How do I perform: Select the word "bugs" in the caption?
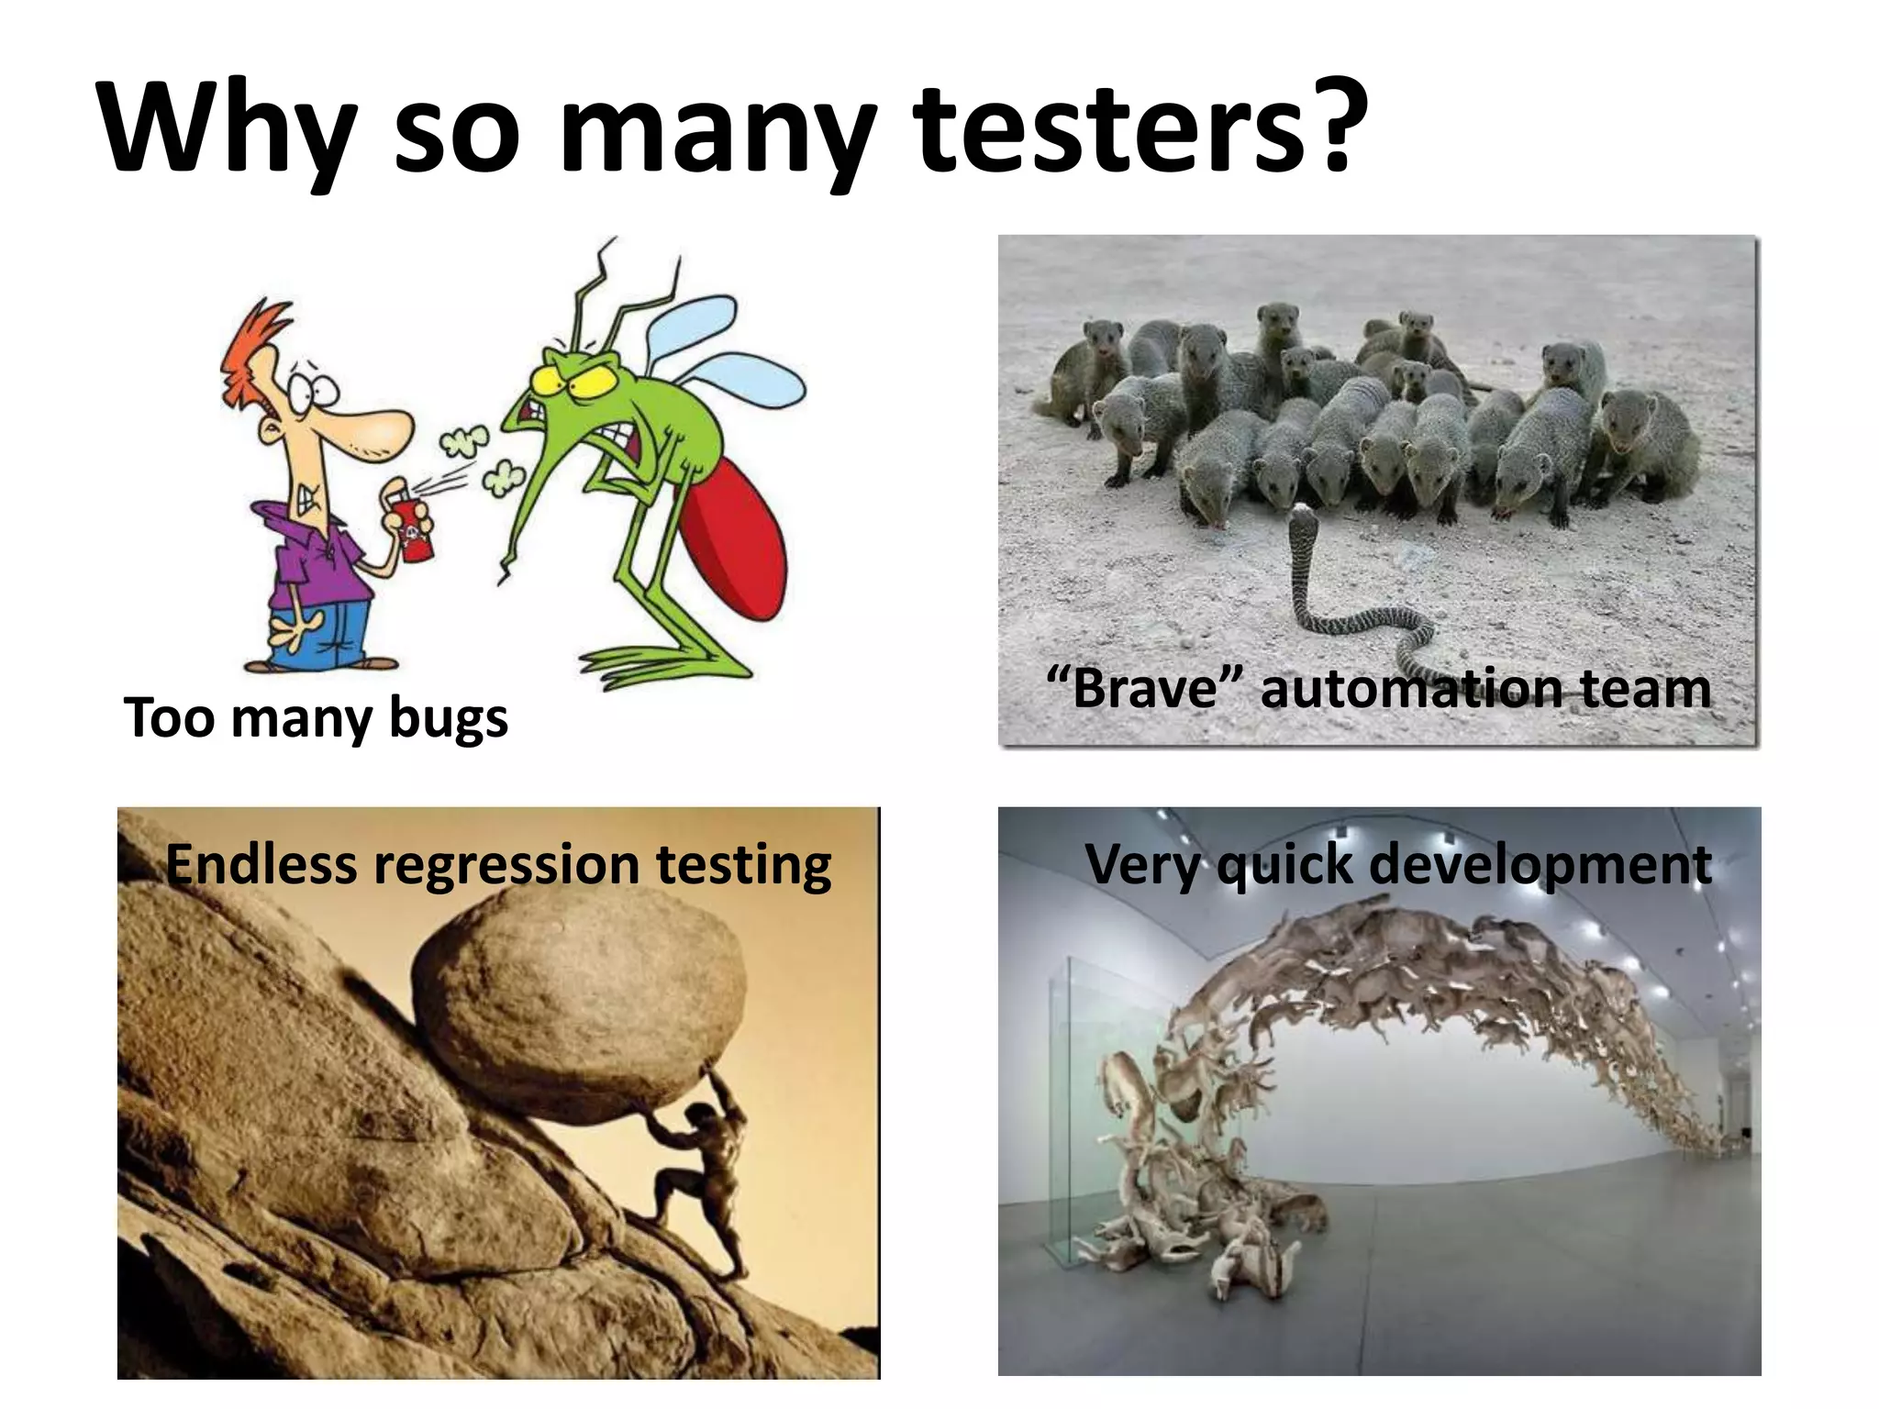449,718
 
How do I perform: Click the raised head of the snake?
1302,523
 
